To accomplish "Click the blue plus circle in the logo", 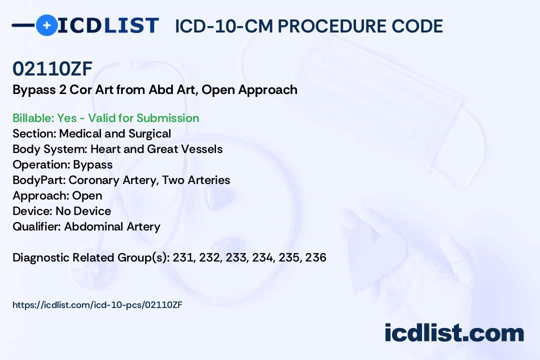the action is pos(46,25).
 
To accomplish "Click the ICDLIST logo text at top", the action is pos(108,25).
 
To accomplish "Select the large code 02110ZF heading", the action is pos(52,68).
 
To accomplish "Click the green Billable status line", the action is pos(105,118).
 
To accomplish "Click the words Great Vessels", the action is pos(184,149).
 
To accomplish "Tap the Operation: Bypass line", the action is pos(62,164).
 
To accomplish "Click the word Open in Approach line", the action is pos(87,195).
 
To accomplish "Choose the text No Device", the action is pos(83,211).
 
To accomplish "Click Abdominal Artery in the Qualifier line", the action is pos(112,226).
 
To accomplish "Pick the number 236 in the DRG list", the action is pos(316,257).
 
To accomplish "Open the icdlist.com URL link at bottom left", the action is pos(97,305).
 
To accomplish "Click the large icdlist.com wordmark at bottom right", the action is pos(454,332).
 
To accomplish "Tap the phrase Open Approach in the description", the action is pos(249,90).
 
